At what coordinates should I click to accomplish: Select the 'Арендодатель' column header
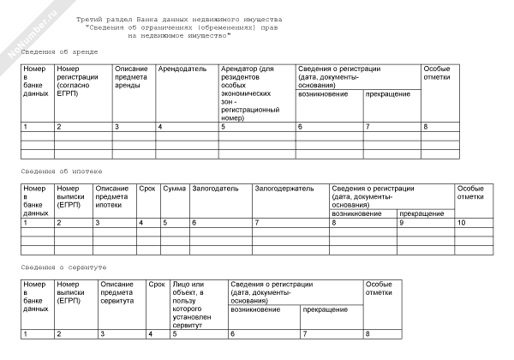point(182,68)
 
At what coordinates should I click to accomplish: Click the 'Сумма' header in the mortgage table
point(174,188)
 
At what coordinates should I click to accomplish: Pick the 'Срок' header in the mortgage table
point(146,188)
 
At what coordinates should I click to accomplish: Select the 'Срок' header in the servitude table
point(156,284)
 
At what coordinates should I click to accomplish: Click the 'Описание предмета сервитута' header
point(117,292)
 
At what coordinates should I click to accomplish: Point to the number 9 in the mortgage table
point(401,223)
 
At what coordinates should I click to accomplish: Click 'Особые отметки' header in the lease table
point(437,72)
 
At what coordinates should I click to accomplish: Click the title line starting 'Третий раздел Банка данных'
point(177,18)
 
